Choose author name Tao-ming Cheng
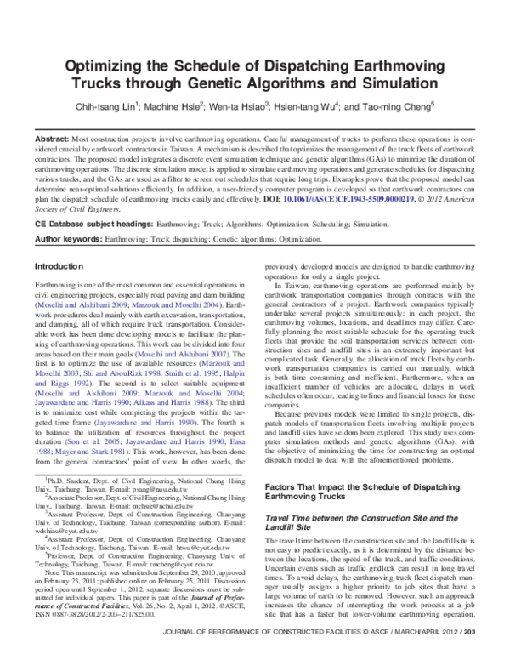pyautogui.click(x=394, y=108)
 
